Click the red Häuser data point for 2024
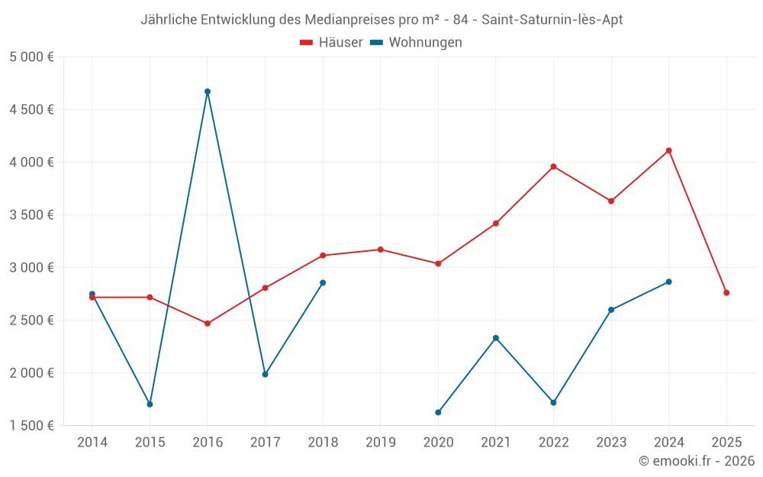tap(668, 150)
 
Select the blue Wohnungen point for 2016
tap(208, 92)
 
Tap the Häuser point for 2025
tap(726, 292)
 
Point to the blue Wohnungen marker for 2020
tap(438, 412)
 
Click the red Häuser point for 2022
tap(553, 166)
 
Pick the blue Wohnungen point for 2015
tap(150, 404)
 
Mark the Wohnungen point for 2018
tap(323, 282)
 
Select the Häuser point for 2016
tap(208, 324)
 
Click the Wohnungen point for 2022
tap(553, 402)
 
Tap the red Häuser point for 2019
tap(380, 250)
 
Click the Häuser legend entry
tap(332, 43)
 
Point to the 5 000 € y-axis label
tap(31, 57)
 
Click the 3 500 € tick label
tap(31, 215)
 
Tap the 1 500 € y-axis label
tap(31, 426)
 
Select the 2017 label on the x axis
tap(265, 442)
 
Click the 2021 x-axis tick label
tap(496, 442)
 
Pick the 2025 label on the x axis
tap(726, 442)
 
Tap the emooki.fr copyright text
tap(697, 461)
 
